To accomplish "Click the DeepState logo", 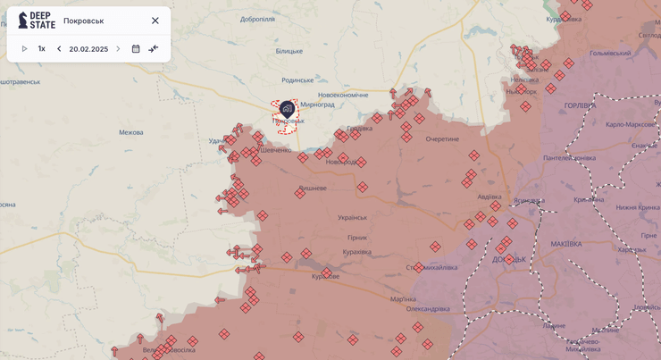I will (x=37, y=20).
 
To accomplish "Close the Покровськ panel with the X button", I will (x=155, y=21).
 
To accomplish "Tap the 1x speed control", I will (x=41, y=49).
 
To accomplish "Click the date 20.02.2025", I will (x=88, y=49).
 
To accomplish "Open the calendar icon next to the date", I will (x=136, y=49).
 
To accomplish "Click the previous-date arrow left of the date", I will (x=59, y=49).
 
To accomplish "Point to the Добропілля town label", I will (x=257, y=19).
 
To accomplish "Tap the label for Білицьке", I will (x=289, y=51).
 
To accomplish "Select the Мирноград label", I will (x=317, y=105).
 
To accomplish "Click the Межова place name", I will (x=130, y=132).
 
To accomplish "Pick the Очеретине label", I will (x=442, y=138).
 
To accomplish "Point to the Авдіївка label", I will (x=489, y=197).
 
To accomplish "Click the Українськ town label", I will (x=352, y=217).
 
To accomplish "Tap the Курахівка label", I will (x=356, y=251).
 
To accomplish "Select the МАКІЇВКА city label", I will (x=566, y=244).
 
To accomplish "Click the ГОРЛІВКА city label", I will (x=580, y=105).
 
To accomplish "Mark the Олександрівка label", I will (x=428, y=308).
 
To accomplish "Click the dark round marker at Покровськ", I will (x=287, y=109).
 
